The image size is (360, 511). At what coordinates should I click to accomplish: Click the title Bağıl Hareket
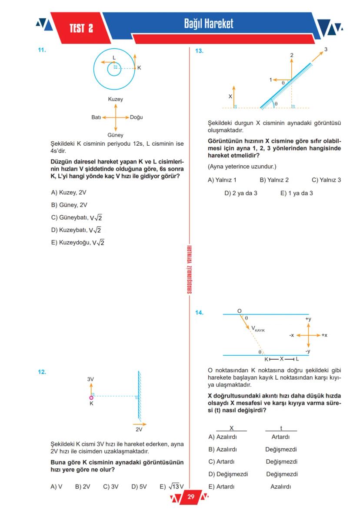pos(208,23)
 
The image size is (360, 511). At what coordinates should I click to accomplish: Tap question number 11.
pos(42,50)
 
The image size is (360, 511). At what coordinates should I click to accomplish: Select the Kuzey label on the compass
pos(116,99)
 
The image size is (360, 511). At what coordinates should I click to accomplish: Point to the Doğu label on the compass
pos(137,117)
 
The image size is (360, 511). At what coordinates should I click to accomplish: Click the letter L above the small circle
pos(114,57)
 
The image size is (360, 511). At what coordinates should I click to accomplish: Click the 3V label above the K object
pos(90,379)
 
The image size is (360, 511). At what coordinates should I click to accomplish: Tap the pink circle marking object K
pos(91,397)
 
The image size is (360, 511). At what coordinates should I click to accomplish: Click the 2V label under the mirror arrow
pos(139,429)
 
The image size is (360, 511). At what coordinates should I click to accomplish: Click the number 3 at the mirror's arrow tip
pos(326,50)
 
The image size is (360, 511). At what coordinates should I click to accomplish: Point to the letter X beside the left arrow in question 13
pos(230,96)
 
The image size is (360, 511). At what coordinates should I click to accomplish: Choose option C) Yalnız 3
pos(327,180)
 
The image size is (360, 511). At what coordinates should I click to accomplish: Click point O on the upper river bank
pos(239,311)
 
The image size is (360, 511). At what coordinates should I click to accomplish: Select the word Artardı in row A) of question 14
pos(280,437)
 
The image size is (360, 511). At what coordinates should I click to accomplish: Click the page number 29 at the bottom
pos(191,497)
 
